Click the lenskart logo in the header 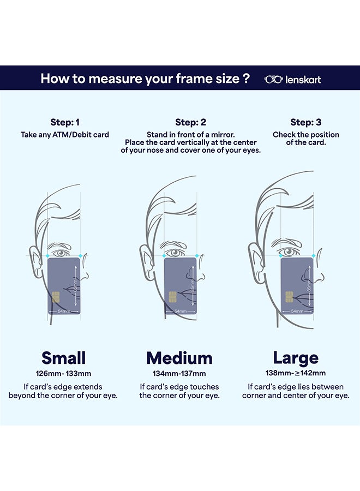click(292, 80)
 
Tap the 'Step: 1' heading click(65, 122)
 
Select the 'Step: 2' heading click(191, 122)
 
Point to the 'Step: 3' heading click(305, 122)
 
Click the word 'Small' click(64, 358)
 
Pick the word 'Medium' click(179, 358)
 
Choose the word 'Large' click(296, 358)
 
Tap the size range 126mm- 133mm click(64, 374)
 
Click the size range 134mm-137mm click(179, 374)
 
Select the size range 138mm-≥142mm click(296, 373)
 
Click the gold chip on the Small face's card click(56, 297)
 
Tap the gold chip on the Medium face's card click(172, 297)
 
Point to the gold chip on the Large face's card click(289, 297)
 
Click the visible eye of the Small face click(60, 253)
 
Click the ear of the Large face click(256, 262)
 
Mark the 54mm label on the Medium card click(181, 312)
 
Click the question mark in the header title click(247, 78)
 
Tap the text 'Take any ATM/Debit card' click(65, 135)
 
